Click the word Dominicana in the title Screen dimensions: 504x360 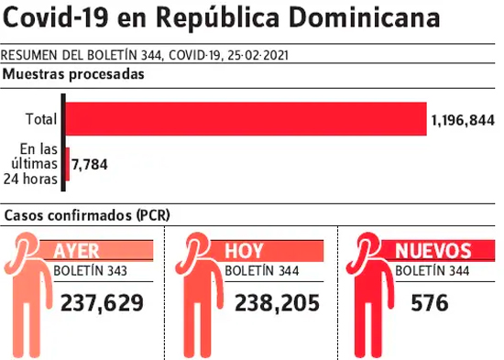pos(364,17)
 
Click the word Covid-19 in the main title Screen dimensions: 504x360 pos(56,17)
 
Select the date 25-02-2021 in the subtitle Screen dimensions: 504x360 pos(258,56)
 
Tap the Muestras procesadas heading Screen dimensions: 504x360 pos(73,74)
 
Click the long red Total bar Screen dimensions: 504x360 pos(247,119)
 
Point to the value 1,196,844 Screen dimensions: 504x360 pos(463,121)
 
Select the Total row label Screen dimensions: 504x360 pos(41,119)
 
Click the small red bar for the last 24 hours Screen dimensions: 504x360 pos(68,164)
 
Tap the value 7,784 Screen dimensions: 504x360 pos(90,165)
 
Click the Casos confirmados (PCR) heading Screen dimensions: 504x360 pos(87,215)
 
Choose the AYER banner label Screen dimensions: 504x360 pos(76,251)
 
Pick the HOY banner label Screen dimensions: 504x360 pos(244,251)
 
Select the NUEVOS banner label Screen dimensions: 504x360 pos(433,251)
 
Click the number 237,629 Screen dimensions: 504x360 pos(102,303)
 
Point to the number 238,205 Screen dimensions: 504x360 pos(277,303)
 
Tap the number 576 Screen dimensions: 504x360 pos(430,303)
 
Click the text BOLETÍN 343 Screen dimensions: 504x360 pos(90,271)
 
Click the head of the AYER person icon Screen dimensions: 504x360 pos(25,246)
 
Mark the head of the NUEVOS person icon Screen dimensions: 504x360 pos(367,246)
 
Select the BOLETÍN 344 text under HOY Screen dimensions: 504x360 pos(262,271)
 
